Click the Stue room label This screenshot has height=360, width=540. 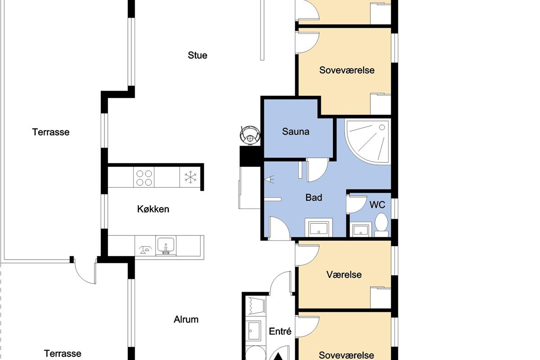(x=198, y=55)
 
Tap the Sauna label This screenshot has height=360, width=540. (x=296, y=131)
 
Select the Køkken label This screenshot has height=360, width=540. (x=153, y=209)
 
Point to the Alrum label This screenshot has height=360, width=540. (x=186, y=319)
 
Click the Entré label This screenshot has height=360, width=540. (x=280, y=331)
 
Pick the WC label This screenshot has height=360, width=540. (x=377, y=205)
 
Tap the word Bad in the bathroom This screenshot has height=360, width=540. (x=314, y=198)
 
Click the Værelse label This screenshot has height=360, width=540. (x=344, y=274)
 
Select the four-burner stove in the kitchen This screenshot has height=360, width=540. (x=144, y=177)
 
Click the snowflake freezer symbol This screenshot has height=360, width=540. (x=190, y=177)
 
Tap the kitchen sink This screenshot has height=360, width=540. (x=166, y=245)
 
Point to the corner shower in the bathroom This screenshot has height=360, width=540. (x=368, y=142)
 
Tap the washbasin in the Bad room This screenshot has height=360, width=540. (x=319, y=228)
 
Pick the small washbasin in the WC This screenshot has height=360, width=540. (x=360, y=230)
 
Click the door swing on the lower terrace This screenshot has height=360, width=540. (x=85, y=271)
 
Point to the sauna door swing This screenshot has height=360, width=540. (x=317, y=170)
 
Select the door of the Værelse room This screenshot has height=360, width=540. (x=307, y=255)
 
